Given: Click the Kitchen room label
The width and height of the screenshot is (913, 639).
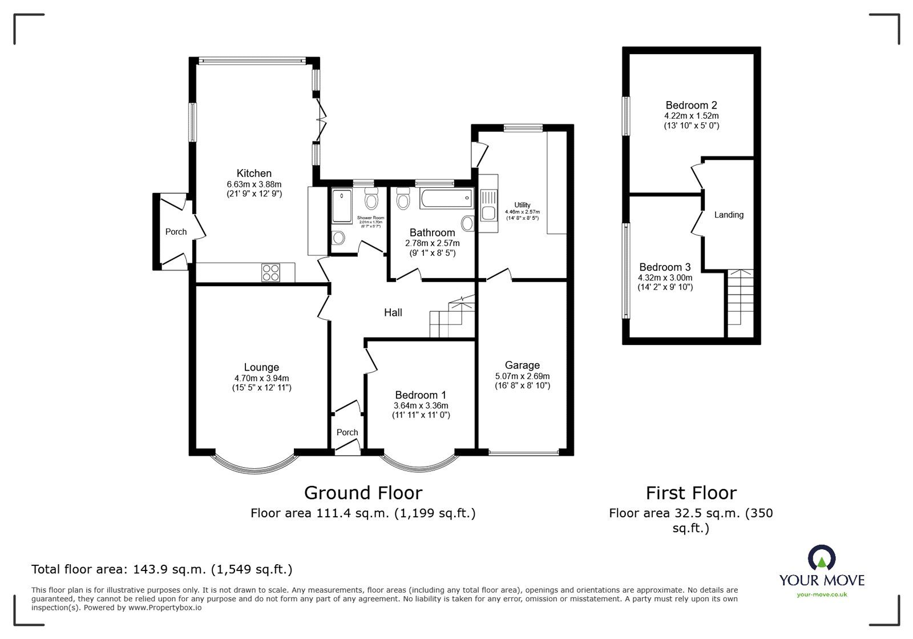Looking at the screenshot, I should click(254, 173).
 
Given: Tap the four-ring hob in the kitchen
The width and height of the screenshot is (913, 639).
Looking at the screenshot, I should click(270, 272).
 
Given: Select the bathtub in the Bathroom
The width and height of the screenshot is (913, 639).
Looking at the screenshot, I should click(446, 199).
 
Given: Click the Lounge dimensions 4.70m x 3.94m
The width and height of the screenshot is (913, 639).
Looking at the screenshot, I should click(261, 378).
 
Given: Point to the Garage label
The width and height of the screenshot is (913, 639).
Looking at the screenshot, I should click(522, 365).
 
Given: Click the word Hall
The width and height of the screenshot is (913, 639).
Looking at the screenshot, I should click(393, 312).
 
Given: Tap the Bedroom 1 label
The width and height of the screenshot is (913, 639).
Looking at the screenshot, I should click(421, 395).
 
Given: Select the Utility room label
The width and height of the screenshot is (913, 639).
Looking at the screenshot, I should click(522, 205).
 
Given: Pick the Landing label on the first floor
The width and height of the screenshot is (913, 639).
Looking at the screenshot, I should click(729, 215).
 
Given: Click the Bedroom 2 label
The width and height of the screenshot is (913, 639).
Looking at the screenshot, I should click(691, 105).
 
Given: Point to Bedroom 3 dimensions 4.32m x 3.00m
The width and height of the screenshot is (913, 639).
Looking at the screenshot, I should click(665, 278).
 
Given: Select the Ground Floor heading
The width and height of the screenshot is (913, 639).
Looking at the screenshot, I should click(363, 492).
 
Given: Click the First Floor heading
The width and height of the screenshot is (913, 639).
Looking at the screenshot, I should click(691, 492).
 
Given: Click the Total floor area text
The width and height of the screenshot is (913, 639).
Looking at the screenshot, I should click(161, 569).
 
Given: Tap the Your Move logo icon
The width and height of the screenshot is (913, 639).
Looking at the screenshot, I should click(821, 558).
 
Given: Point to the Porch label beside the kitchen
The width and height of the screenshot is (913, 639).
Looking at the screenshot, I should click(176, 231).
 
